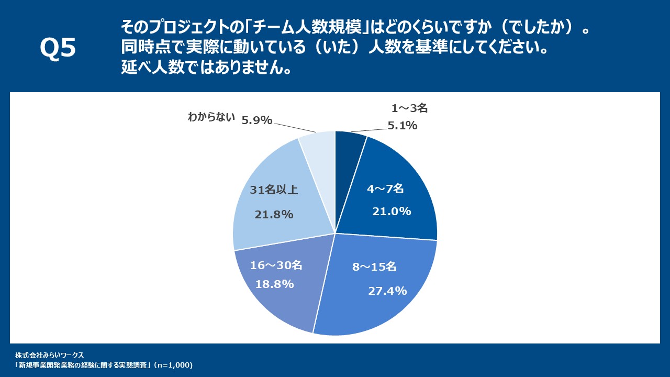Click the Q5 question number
(x=58, y=49)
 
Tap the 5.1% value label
(x=402, y=125)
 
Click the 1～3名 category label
(x=410, y=108)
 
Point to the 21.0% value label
(x=392, y=212)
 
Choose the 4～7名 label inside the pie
(x=385, y=188)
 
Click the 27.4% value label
(x=387, y=291)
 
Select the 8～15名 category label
(x=374, y=267)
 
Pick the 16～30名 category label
(x=276, y=265)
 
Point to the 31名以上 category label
(x=274, y=190)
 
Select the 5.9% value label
(x=256, y=120)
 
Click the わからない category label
(x=211, y=117)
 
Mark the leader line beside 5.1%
(x=368, y=129)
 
